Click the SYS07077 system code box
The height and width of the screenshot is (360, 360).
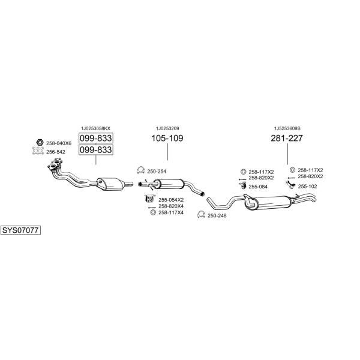point(20,230)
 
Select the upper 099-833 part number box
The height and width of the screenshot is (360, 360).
point(96,138)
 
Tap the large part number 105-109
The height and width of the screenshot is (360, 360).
point(167,138)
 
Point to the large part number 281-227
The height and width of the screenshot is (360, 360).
point(287,138)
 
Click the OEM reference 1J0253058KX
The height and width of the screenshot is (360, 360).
point(96,128)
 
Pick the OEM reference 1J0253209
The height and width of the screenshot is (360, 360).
point(167,128)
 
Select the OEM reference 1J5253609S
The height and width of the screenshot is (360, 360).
point(287,128)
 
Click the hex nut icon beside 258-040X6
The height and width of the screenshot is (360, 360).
point(40,143)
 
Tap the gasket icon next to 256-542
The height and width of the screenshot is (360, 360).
point(38,151)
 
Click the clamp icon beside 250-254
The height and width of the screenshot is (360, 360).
point(140,170)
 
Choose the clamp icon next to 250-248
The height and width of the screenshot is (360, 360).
point(201,215)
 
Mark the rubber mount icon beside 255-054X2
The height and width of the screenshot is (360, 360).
point(149,199)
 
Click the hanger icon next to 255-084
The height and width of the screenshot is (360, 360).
point(242,185)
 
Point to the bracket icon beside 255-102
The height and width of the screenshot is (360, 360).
point(290,184)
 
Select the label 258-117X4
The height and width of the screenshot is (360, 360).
point(171,212)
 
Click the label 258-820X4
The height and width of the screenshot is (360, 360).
point(171,206)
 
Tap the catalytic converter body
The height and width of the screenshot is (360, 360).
point(110,184)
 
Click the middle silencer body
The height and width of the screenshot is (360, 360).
point(168,184)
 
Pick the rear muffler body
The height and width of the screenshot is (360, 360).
point(269,202)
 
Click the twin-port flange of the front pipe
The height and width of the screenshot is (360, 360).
point(55,164)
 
